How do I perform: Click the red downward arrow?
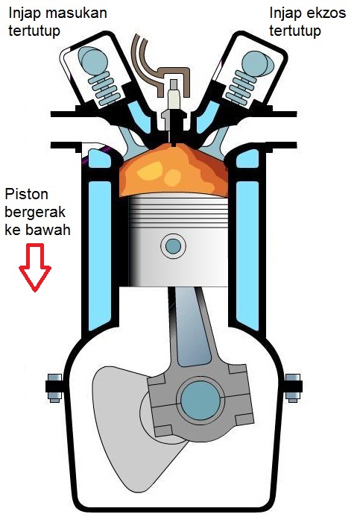pos(35,267)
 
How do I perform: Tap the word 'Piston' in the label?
pos(27,194)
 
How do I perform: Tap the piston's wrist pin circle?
pos(173,245)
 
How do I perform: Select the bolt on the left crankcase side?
pos(54,388)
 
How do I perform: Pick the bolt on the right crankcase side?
pos(293,388)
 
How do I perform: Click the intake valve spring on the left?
pos(104,87)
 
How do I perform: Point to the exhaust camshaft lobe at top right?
pos(258,63)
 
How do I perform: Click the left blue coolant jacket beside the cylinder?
pos(99,252)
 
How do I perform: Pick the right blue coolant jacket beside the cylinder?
pos(247,252)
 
